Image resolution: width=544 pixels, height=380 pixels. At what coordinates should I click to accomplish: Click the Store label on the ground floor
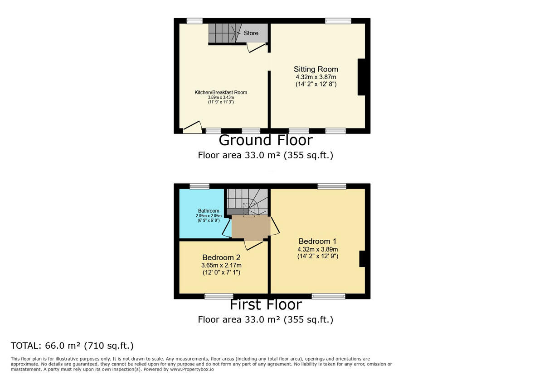click(251, 33)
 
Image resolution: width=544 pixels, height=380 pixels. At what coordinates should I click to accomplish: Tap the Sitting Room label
click(316, 69)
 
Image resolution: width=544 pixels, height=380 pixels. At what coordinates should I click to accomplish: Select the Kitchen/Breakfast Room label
click(221, 92)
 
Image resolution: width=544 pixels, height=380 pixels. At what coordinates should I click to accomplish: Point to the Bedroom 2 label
click(221, 257)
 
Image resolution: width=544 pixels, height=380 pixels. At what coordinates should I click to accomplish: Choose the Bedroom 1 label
click(317, 241)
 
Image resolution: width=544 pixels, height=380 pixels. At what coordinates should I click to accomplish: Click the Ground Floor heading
click(265, 140)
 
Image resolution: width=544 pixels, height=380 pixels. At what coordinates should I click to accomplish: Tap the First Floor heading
click(265, 304)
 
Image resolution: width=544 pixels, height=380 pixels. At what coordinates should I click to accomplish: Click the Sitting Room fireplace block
click(361, 77)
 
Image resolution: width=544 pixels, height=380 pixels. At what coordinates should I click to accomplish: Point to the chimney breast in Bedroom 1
click(362, 259)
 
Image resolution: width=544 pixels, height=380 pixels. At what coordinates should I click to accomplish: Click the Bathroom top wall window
click(199, 186)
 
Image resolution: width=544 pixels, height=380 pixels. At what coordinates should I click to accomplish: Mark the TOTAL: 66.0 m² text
click(72, 346)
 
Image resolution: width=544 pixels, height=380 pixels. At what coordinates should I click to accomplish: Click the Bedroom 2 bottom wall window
click(219, 296)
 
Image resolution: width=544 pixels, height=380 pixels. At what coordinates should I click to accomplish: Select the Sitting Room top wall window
click(338, 21)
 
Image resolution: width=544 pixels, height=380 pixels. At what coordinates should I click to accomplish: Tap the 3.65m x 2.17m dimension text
click(221, 265)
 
